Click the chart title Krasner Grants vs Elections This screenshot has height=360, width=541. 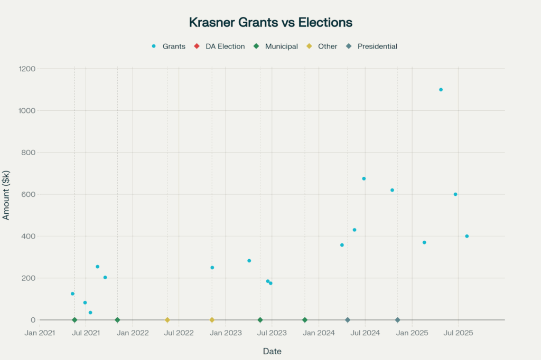point(270,23)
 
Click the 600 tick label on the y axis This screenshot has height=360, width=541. point(28,194)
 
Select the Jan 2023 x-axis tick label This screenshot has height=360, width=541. point(226,333)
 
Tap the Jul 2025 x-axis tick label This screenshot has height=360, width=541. point(458,333)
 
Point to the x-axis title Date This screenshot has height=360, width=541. point(272,351)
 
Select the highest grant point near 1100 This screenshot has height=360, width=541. point(441,90)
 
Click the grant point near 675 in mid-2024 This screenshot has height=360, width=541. point(364,178)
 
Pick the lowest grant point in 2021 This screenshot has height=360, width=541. point(90,312)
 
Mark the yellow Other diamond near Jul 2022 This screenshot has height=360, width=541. point(167,320)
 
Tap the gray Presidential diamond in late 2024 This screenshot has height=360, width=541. point(397,320)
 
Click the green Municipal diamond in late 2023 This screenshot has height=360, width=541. point(305,320)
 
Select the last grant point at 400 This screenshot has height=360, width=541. point(467,236)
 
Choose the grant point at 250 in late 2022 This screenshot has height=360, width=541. point(212,268)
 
